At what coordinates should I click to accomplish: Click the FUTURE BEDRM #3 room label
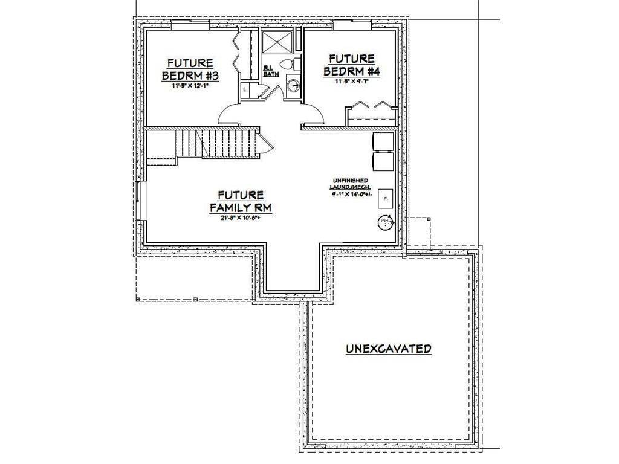tap(189, 69)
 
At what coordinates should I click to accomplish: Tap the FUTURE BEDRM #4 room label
tap(351, 65)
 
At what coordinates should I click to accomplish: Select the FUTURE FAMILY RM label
tap(240, 201)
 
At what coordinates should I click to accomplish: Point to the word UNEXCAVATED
tap(388, 349)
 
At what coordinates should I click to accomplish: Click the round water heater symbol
tap(384, 223)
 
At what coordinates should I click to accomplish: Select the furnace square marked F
tap(385, 197)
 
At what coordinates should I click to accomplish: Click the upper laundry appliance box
tap(383, 141)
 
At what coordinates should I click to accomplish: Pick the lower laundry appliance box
tap(383, 161)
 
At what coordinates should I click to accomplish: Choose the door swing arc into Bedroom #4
tap(316, 113)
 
